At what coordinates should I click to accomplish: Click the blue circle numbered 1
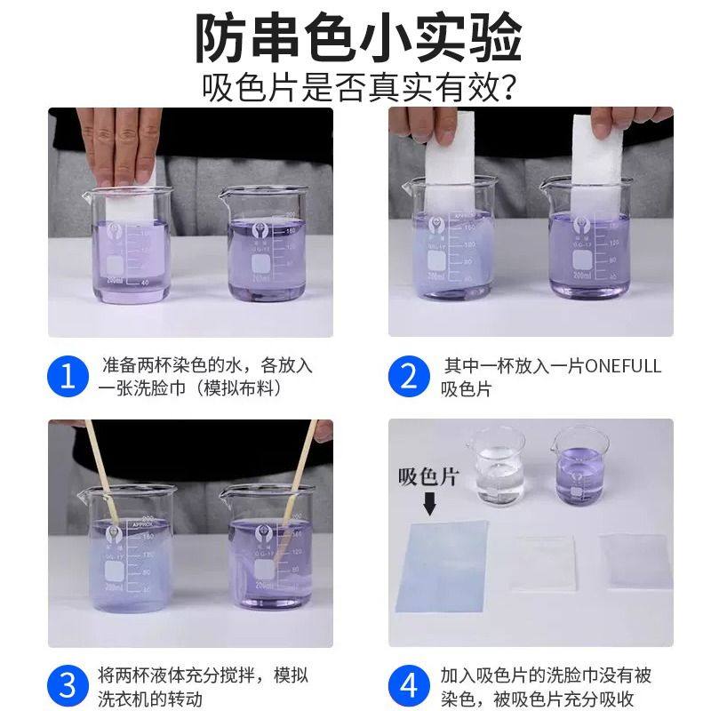click(x=67, y=377)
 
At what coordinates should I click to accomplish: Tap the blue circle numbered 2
click(x=409, y=377)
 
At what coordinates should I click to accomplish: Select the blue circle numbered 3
click(x=67, y=686)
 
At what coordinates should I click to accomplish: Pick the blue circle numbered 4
click(x=409, y=686)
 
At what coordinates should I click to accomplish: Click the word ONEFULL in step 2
click(x=617, y=366)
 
